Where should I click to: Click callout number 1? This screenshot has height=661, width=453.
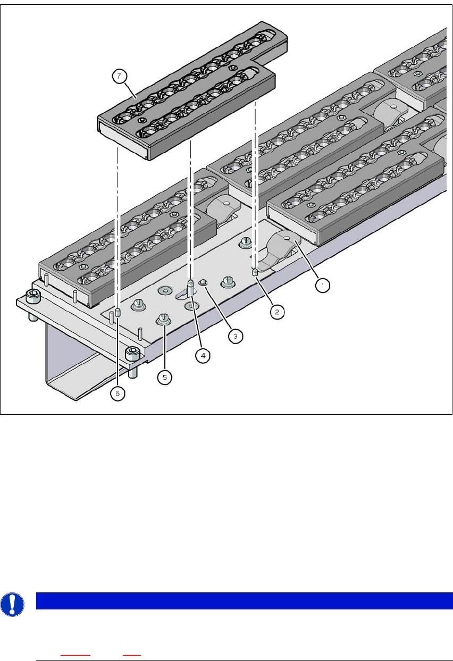323,286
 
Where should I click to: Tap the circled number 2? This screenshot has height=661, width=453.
277,312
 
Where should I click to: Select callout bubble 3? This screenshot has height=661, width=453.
236,336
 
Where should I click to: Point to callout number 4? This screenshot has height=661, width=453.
203,356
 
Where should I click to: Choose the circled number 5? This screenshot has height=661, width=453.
165,377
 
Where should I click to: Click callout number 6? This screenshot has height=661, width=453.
118,394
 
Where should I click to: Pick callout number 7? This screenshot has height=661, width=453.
119,76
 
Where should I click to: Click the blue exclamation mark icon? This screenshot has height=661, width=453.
12,604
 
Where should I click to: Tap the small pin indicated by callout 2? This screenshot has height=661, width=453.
255,272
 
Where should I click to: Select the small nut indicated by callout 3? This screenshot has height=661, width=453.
203,282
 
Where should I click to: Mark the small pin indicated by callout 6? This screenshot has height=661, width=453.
117,312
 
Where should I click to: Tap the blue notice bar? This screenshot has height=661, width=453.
245,601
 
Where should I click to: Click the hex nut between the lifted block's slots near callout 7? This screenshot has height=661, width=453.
142,120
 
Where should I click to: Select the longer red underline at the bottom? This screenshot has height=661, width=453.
75,655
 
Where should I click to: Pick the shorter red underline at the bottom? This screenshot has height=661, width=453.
132,655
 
